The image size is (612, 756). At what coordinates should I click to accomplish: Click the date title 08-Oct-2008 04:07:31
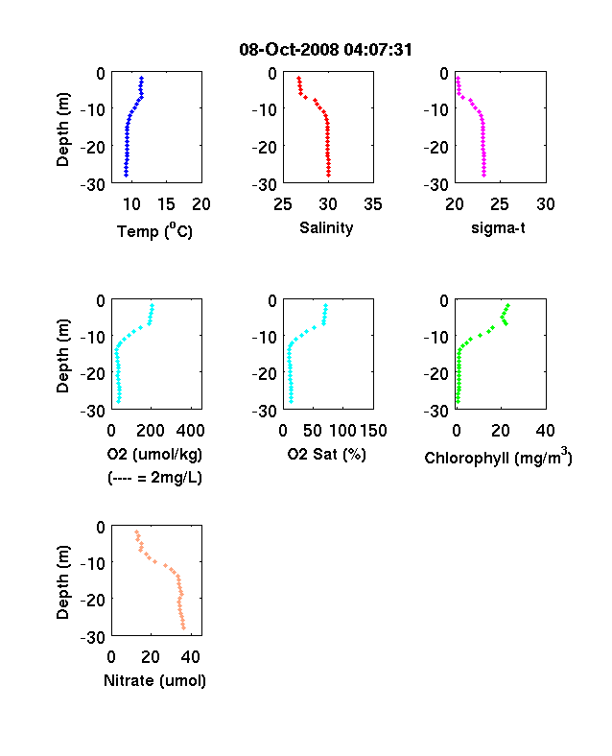(x=325, y=49)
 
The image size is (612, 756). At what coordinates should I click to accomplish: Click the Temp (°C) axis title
(x=154, y=230)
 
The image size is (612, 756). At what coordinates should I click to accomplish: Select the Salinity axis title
(x=326, y=227)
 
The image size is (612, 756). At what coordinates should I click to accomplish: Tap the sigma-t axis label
(x=498, y=227)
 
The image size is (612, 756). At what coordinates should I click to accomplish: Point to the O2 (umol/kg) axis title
(x=154, y=454)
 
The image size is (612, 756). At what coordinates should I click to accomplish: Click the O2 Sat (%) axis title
(x=327, y=454)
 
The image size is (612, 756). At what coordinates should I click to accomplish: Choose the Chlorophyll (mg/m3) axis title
(x=498, y=456)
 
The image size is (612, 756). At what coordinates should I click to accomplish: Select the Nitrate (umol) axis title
(x=154, y=680)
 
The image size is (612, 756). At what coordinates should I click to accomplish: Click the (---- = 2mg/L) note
(x=154, y=478)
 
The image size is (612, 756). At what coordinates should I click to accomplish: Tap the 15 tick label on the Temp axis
(x=166, y=204)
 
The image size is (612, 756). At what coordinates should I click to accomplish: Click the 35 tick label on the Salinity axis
(x=373, y=204)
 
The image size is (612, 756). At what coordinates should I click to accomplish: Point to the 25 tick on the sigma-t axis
(x=499, y=204)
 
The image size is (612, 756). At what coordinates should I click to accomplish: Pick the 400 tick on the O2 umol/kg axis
(x=190, y=431)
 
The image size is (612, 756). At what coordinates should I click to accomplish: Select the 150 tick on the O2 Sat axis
(x=373, y=431)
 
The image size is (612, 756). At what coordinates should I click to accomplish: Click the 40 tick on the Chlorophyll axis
(x=545, y=431)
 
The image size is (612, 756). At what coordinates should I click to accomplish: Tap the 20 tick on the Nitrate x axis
(x=151, y=656)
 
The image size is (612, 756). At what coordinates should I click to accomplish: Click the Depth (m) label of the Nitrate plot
(x=62, y=582)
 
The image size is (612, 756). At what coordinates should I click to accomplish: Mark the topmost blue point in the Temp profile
(x=142, y=78)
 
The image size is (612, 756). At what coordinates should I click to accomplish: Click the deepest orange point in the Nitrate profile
(x=183, y=627)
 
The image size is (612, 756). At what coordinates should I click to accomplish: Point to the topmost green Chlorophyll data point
(x=507, y=306)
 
